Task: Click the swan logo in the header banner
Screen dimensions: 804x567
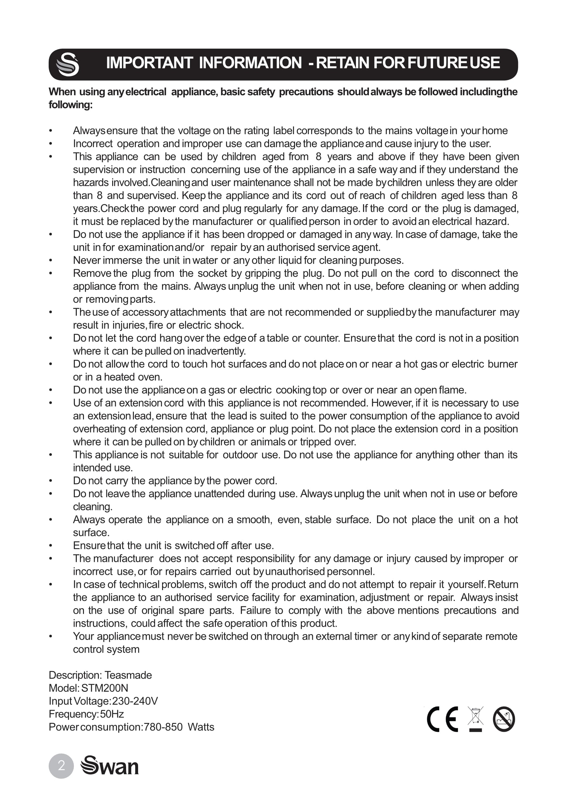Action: coord(67,64)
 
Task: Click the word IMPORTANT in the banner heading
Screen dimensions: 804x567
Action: coord(149,63)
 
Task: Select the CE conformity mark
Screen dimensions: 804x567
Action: coord(442,720)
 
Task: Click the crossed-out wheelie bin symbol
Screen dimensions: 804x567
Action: coord(475,718)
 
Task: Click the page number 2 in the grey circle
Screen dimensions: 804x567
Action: coord(61,766)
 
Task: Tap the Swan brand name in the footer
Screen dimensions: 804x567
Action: coord(110,766)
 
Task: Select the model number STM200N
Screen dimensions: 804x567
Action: coord(105,688)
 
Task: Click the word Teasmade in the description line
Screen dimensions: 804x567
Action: coord(128,675)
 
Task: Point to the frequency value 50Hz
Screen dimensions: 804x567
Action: coord(112,714)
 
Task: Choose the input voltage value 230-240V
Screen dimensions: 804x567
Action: coord(135,701)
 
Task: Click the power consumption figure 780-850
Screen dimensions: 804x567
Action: coord(163,727)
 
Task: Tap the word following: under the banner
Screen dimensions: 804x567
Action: coord(70,105)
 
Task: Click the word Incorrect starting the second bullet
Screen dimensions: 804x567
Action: coord(93,144)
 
